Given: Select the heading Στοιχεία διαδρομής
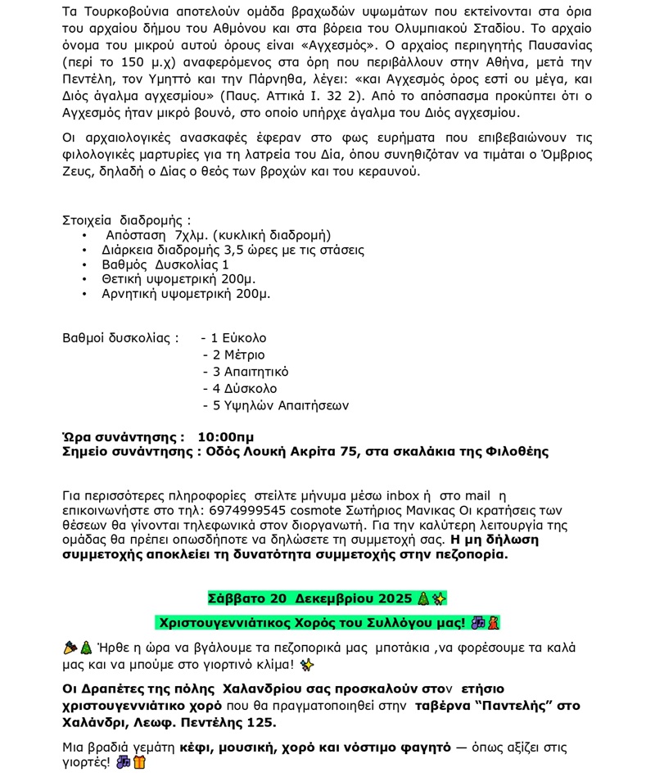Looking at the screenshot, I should tap(126, 220).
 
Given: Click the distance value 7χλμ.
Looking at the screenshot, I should tap(191, 235).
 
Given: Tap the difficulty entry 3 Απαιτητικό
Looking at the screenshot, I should tap(250, 372).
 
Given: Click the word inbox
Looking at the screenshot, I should tap(402, 495).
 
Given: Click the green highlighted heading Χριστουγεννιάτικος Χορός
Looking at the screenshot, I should tap(314, 623).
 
